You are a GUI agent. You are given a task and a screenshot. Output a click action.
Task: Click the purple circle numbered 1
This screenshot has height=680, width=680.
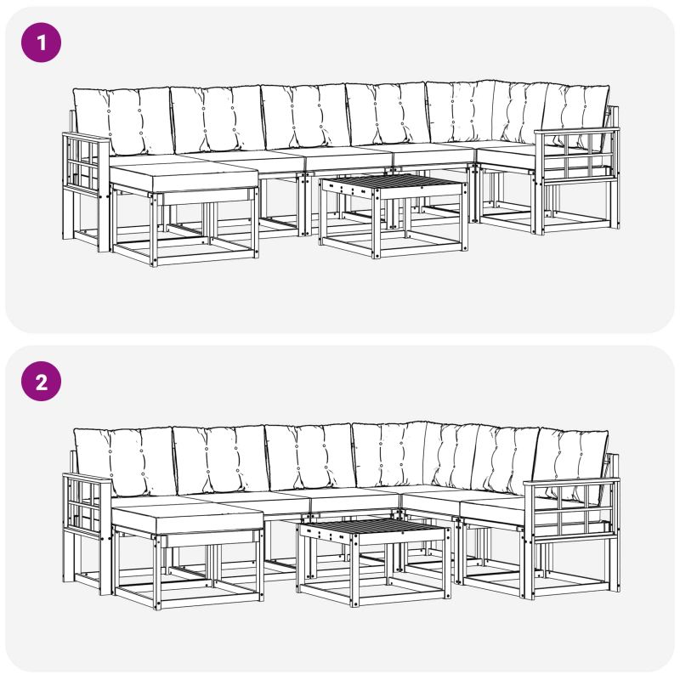41,42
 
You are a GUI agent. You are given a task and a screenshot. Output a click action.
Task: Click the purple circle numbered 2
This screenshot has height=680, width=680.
41,382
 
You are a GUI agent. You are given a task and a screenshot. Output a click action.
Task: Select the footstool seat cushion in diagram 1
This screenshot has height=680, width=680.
184,177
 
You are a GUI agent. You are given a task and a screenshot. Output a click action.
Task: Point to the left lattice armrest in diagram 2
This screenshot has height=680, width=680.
88,502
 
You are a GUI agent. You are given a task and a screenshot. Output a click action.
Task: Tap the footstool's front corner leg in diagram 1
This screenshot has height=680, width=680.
154,229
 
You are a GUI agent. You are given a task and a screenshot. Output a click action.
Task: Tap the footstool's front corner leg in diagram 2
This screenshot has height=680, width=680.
157,572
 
